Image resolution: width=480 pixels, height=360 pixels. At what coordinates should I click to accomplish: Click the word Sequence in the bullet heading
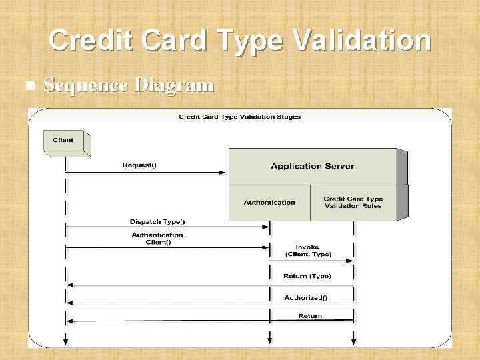(x=85, y=85)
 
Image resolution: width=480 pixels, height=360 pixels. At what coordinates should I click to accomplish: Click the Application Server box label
(x=312, y=166)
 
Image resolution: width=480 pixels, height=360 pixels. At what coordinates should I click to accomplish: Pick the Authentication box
(x=269, y=202)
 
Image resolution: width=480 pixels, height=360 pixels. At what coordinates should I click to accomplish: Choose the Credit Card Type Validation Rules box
(x=353, y=202)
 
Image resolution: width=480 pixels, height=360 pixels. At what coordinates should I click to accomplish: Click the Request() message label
(x=139, y=165)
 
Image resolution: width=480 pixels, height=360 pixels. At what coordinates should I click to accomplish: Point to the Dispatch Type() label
(x=157, y=221)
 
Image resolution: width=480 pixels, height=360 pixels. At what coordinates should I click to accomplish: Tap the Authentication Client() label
(x=157, y=238)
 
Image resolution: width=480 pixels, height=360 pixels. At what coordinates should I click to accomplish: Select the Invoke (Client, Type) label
(x=307, y=251)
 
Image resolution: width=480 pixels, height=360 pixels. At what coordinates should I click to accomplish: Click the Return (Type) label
(x=307, y=276)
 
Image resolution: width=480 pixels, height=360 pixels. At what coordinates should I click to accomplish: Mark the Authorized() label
(x=306, y=297)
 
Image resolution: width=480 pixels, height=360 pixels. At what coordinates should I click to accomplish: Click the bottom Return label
(x=310, y=316)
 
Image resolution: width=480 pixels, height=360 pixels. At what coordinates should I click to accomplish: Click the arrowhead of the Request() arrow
(x=224, y=173)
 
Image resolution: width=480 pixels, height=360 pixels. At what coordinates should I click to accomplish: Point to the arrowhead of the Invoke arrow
(x=350, y=261)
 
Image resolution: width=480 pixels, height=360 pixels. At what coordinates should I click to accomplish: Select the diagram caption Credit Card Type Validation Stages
(x=239, y=117)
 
